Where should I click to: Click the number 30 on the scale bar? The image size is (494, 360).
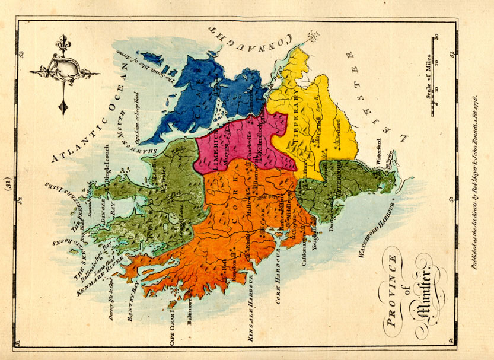(436, 39)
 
